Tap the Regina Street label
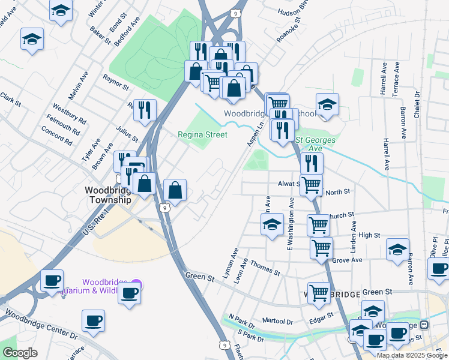point(202,134)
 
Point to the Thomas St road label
point(265,268)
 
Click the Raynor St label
point(115,82)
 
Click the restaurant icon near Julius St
point(145,109)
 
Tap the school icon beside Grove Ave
point(397,248)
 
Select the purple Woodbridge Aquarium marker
point(137,283)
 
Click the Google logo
point(20,353)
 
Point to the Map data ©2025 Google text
point(411,355)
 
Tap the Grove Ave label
point(348,261)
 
